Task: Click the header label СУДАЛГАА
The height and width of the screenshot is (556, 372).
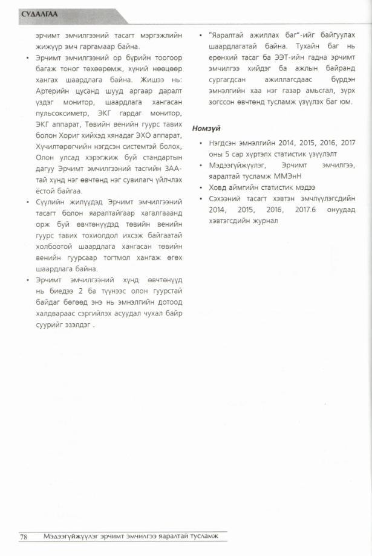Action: point(40,14)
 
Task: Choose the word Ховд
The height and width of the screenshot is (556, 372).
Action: point(219,187)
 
